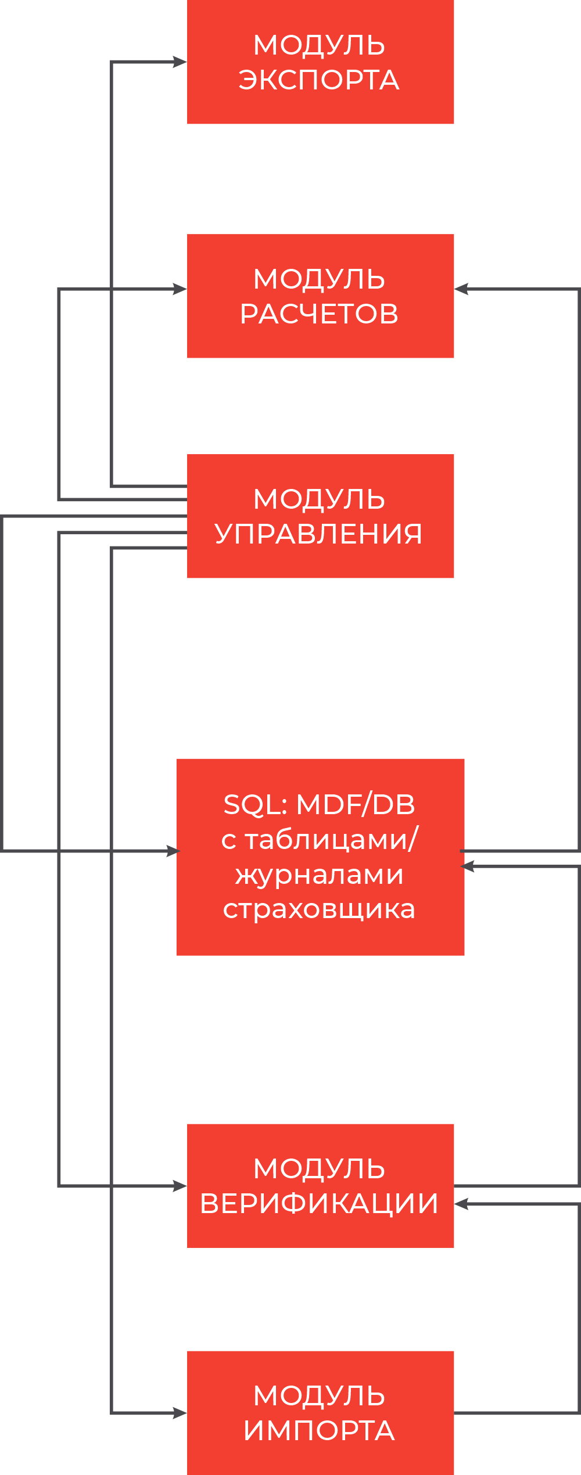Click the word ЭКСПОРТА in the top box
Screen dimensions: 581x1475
point(319,80)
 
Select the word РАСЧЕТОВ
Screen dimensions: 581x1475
point(319,314)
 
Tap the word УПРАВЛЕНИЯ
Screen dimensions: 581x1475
point(319,534)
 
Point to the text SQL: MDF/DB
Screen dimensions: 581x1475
point(319,805)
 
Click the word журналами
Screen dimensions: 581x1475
point(319,875)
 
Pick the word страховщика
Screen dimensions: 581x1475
point(319,909)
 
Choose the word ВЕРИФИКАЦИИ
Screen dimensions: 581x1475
point(319,1204)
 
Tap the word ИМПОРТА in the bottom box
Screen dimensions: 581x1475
point(319,1431)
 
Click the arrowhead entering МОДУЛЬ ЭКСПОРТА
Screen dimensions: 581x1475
point(181,62)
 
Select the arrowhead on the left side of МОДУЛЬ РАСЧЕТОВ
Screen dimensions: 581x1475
point(181,289)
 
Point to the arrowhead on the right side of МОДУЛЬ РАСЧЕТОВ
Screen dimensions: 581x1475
point(461,289)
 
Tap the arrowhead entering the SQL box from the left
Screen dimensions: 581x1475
point(174,851)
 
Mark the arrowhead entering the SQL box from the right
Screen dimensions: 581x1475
point(468,866)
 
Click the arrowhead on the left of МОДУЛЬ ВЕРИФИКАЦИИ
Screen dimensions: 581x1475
point(181,1186)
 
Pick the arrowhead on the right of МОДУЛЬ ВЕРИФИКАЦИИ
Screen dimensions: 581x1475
point(461,1204)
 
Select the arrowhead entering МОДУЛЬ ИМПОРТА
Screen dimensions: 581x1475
point(181,1413)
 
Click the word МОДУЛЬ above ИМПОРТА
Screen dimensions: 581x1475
point(319,1396)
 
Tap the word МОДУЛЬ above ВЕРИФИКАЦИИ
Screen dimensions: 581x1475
point(319,1169)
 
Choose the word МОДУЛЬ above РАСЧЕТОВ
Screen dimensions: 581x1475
point(319,279)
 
